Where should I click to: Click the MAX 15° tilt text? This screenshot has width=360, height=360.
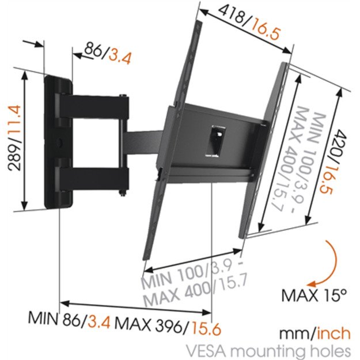click(x=314, y=295)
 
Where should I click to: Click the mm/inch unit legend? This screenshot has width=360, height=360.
click(x=314, y=333)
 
